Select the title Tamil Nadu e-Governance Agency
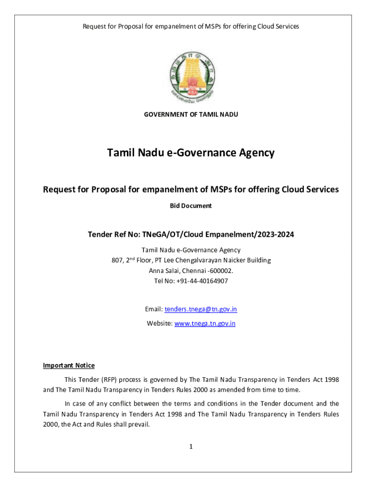coord(191,153)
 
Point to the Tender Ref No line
coord(191,234)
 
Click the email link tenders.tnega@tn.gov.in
coord(201,309)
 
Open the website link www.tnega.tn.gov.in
coord(205,323)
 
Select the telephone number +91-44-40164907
coord(200,281)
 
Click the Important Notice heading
coord(69,365)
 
